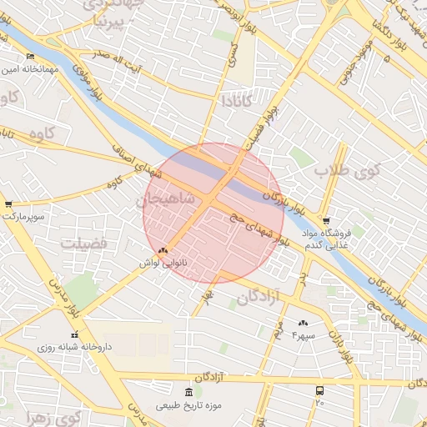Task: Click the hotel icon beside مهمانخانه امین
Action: pos(31,56)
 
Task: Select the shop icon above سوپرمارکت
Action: pos(8,203)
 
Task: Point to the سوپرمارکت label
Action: pos(22,216)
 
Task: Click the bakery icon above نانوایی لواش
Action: pos(163,249)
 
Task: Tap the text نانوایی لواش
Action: pos(163,262)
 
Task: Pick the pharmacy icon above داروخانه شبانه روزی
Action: pos(74,334)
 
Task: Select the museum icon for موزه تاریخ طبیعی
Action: pos(188,392)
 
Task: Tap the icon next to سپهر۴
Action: pos(303,323)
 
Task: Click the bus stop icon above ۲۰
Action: pos(319,389)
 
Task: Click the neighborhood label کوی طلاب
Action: pos(347,171)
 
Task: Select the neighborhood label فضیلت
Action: pos(83,243)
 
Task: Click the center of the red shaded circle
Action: pos(213,213)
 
